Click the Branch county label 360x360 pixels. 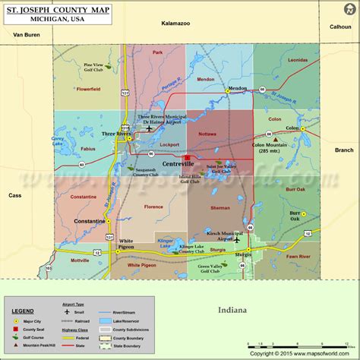(343, 150)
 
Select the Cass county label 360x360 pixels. (15, 195)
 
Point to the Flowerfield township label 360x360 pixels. (88, 99)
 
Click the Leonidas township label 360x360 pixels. (298, 81)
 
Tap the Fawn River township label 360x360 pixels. (298, 257)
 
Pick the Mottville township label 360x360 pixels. (80, 260)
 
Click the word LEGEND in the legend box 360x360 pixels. (23, 311)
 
